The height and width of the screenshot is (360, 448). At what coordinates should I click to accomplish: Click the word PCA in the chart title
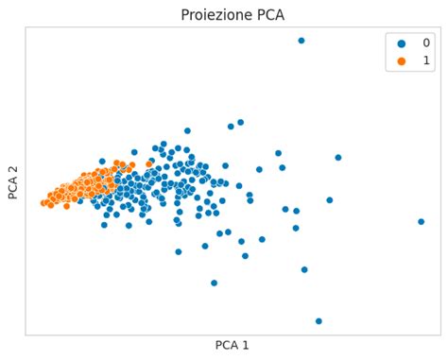[x=266, y=15]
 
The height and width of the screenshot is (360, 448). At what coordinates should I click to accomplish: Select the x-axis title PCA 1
[x=232, y=346]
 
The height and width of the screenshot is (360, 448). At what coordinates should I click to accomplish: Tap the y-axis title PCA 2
[x=13, y=180]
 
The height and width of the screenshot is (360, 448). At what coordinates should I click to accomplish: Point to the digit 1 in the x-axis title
[x=246, y=346]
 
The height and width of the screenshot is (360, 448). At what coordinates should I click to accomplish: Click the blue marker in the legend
[x=402, y=43]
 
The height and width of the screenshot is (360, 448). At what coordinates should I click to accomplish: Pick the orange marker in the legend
[x=402, y=60]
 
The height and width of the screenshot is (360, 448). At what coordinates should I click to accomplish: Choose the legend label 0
[x=425, y=43]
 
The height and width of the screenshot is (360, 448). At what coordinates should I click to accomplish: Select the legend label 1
[x=425, y=60]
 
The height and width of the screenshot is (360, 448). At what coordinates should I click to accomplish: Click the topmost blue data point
[x=302, y=41]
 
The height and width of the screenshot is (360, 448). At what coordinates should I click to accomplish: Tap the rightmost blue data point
[x=421, y=222]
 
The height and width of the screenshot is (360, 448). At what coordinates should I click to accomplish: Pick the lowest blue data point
[x=319, y=321]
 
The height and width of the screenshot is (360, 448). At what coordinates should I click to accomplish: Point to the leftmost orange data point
[x=43, y=203]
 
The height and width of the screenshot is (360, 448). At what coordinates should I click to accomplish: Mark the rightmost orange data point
[x=149, y=164]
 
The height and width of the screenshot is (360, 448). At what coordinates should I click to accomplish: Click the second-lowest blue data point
[x=214, y=283]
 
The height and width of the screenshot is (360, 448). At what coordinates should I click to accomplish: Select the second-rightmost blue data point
[x=337, y=158]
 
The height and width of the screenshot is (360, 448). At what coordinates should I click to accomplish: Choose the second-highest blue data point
[x=240, y=122]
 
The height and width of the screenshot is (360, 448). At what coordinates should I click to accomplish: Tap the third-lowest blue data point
[x=304, y=269]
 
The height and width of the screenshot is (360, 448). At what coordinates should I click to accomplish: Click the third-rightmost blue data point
[x=329, y=200]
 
